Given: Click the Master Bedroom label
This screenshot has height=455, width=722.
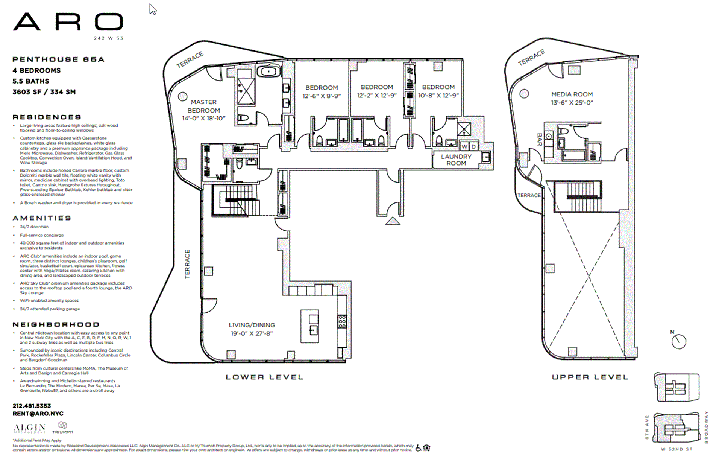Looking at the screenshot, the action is click(x=203, y=106).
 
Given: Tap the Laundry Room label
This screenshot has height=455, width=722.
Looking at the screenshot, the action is click(x=456, y=160).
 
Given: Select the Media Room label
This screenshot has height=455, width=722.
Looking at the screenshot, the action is click(x=572, y=94).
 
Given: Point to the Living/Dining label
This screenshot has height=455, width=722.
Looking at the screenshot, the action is click(x=252, y=325).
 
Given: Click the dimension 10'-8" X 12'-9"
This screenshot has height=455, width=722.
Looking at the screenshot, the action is click(x=438, y=96).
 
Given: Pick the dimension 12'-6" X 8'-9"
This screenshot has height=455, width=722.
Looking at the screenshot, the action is click(x=322, y=96).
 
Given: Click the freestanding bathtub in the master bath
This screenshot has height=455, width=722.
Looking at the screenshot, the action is click(x=268, y=72).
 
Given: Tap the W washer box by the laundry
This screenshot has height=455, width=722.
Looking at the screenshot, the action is click(x=464, y=146).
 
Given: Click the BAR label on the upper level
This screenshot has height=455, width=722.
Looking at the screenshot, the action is click(x=540, y=139).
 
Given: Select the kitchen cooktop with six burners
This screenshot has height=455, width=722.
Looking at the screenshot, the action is click(x=342, y=322).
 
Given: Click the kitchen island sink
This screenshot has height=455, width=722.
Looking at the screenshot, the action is click(x=313, y=330).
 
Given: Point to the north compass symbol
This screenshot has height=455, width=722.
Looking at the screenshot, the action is click(x=678, y=341).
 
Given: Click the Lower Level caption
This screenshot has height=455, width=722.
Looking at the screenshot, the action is click(x=264, y=377).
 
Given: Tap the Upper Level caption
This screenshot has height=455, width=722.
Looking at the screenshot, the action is click(x=590, y=377).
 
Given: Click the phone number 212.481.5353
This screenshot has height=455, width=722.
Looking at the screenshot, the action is click(x=32, y=406).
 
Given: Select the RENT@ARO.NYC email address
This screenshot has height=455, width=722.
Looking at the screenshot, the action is click(x=38, y=414).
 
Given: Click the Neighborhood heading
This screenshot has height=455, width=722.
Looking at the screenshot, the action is click(x=56, y=324).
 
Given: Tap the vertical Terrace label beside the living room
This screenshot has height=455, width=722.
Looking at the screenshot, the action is click(x=187, y=264).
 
